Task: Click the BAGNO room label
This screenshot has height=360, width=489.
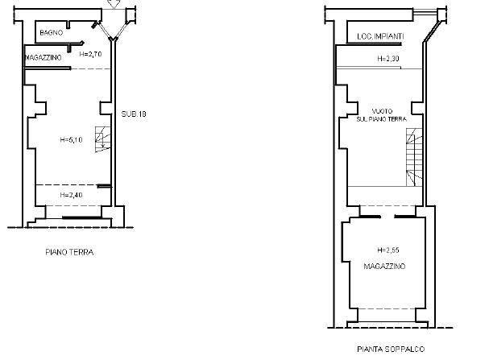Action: [x=51, y=32]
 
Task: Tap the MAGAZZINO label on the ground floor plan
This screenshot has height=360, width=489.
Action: [x=43, y=58]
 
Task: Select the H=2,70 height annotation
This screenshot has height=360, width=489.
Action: [x=90, y=54]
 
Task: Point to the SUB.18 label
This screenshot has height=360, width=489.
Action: [x=134, y=114]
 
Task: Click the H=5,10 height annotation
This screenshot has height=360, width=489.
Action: [x=71, y=139]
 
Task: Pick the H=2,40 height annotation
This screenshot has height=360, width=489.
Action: [x=71, y=195]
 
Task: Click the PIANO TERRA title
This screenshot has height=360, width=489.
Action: [x=69, y=252]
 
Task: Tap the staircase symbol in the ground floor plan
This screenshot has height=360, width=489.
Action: [x=103, y=139]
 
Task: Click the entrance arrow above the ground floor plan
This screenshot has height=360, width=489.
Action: [x=114, y=4]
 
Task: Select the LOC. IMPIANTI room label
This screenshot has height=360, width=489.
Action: [x=380, y=36]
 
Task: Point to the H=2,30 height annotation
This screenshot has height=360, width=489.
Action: [x=388, y=59]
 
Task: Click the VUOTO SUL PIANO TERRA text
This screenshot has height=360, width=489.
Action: [x=381, y=115]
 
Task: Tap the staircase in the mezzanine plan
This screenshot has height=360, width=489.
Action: [x=414, y=157]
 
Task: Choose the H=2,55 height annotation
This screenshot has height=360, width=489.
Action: [x=388, y=250]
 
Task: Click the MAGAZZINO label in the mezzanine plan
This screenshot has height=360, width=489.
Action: [x=384, y=267]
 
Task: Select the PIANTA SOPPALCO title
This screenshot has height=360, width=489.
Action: [x=391, y=349]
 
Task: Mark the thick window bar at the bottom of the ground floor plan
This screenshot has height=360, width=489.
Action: [x=82, y=217]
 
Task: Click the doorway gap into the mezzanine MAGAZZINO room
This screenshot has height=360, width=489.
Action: [x=387, y=217]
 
